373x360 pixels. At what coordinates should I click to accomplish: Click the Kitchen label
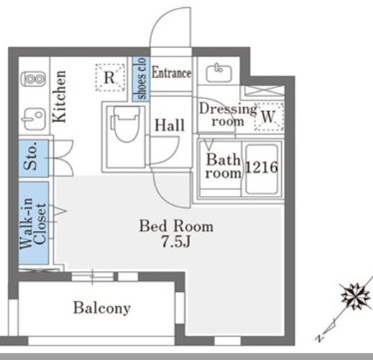(x=59, y=96)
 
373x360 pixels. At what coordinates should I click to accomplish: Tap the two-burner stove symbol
(x=33, y=79)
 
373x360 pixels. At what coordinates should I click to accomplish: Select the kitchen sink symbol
(x=34, y=119)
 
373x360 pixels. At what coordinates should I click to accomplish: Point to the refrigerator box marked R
(x=110, y=77)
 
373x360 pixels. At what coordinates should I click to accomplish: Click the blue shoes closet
(x=141, y=78)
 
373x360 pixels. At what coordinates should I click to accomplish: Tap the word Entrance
(x=171, y=72)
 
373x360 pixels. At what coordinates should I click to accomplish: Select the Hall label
(x=169, y=125)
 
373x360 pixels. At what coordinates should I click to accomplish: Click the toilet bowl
(x=126, y=124)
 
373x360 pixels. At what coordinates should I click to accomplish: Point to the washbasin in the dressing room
(x=219, y=72)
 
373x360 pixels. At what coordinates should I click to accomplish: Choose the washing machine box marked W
(x=269, y=116)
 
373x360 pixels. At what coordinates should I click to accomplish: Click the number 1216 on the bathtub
(x=262, y=167)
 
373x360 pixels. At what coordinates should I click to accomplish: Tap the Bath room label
(x=223, y=166)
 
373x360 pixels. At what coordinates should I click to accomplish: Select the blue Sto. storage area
(x=34, y=158)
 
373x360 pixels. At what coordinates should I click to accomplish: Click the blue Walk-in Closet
(x=34, y=223)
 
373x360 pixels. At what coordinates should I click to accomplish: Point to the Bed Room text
(x=176, y=226)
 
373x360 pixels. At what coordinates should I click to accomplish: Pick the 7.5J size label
(x=176, y=242)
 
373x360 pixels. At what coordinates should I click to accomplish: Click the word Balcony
(x=102, y=308)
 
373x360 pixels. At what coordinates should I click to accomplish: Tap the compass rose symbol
(x=356, y=296)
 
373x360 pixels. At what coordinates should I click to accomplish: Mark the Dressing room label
(x=228, y=115)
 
